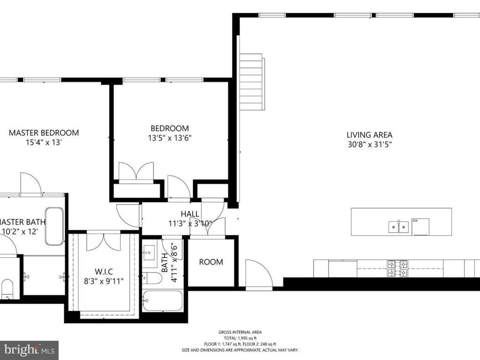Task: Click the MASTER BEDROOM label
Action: coord(44,133)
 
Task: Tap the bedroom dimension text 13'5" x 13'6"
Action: coord(170,138)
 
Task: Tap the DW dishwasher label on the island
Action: coord(415,221)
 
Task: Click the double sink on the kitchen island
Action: coord(398,227)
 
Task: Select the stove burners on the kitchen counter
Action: coord(397,268)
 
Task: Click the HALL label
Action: coord(190,214)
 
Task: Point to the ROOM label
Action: coord(211,262)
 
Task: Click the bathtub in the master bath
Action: coord(54,226)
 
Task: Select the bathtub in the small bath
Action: coord(162,300)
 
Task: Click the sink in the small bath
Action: coord(150,254)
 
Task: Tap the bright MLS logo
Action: coord(29,350)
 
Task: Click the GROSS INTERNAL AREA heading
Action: coord(240,332)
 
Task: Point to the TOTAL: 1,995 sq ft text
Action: coord(240,338)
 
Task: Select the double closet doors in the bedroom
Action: coord(136,172)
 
